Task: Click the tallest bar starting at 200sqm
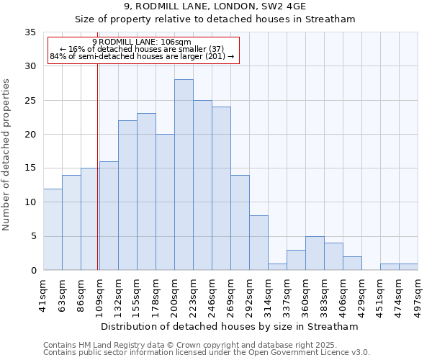[184, 175]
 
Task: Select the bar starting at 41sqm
[53, 230]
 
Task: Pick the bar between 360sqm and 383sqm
[315, 253]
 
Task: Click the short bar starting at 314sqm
[277, 267]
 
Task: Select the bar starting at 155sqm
[146, 192]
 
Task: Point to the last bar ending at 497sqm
[408, 267]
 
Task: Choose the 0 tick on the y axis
[33, 271]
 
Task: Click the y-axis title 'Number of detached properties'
[7, 155]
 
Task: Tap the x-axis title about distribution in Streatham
[230, 327]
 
